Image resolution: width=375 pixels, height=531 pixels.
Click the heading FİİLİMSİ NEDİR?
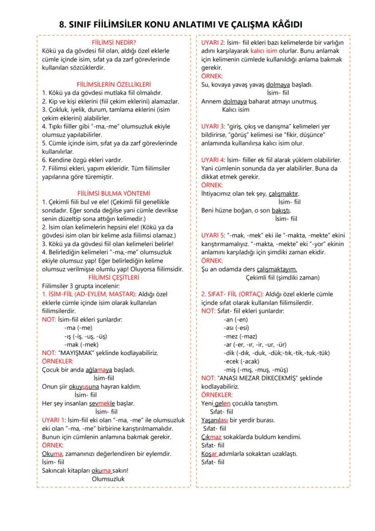(x=114, y=42)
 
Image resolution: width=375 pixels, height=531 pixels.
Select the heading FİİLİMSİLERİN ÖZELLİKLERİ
(x=114, y=84)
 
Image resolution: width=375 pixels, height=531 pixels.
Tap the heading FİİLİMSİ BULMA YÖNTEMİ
(x=114, y=193)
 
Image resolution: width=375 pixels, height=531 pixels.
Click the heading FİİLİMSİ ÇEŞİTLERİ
(x=114, y=278)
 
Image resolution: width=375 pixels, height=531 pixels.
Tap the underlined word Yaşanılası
(x=215, y=420)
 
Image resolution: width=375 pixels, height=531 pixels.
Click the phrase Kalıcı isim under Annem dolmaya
(x=236, y=109)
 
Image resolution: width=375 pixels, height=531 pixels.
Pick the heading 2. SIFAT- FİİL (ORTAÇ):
(x=232, y=294)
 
